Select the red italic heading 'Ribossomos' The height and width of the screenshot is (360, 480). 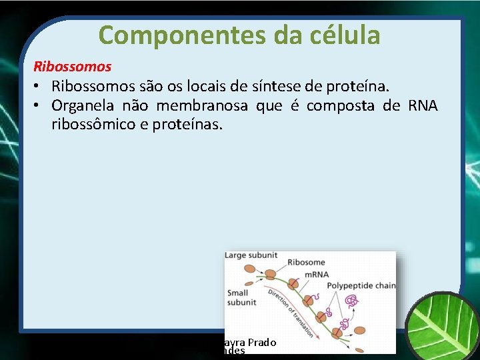coord(73,67)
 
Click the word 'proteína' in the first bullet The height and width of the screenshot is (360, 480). coord(364,87)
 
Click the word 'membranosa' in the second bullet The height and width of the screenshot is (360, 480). coord(202,106)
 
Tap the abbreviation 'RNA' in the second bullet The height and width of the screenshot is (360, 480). coord(423,106)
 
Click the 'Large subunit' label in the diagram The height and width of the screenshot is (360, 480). coord(251,255)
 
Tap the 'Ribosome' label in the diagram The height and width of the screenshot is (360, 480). coord(306,263)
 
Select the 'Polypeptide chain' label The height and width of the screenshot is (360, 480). coord(361,286)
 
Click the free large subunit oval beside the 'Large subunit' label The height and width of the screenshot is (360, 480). coord(251,269)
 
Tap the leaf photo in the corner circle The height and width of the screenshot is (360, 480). coord(443,327)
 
